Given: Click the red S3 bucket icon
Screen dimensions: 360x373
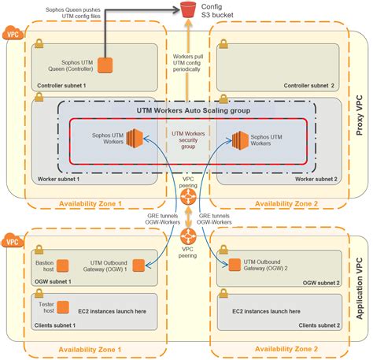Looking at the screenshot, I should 187,10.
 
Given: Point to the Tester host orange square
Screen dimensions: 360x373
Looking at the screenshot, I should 64,306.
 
